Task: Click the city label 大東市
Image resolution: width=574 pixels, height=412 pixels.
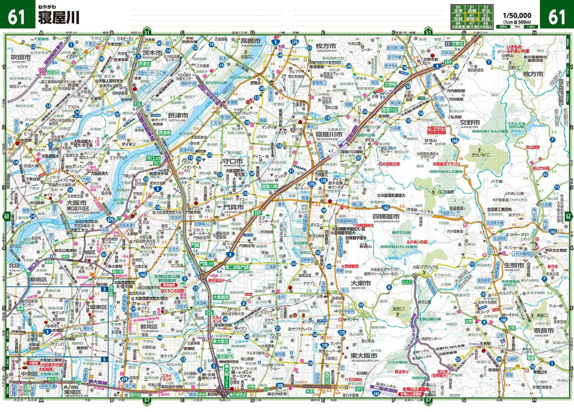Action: pyautogui.click(x=360, y=283)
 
